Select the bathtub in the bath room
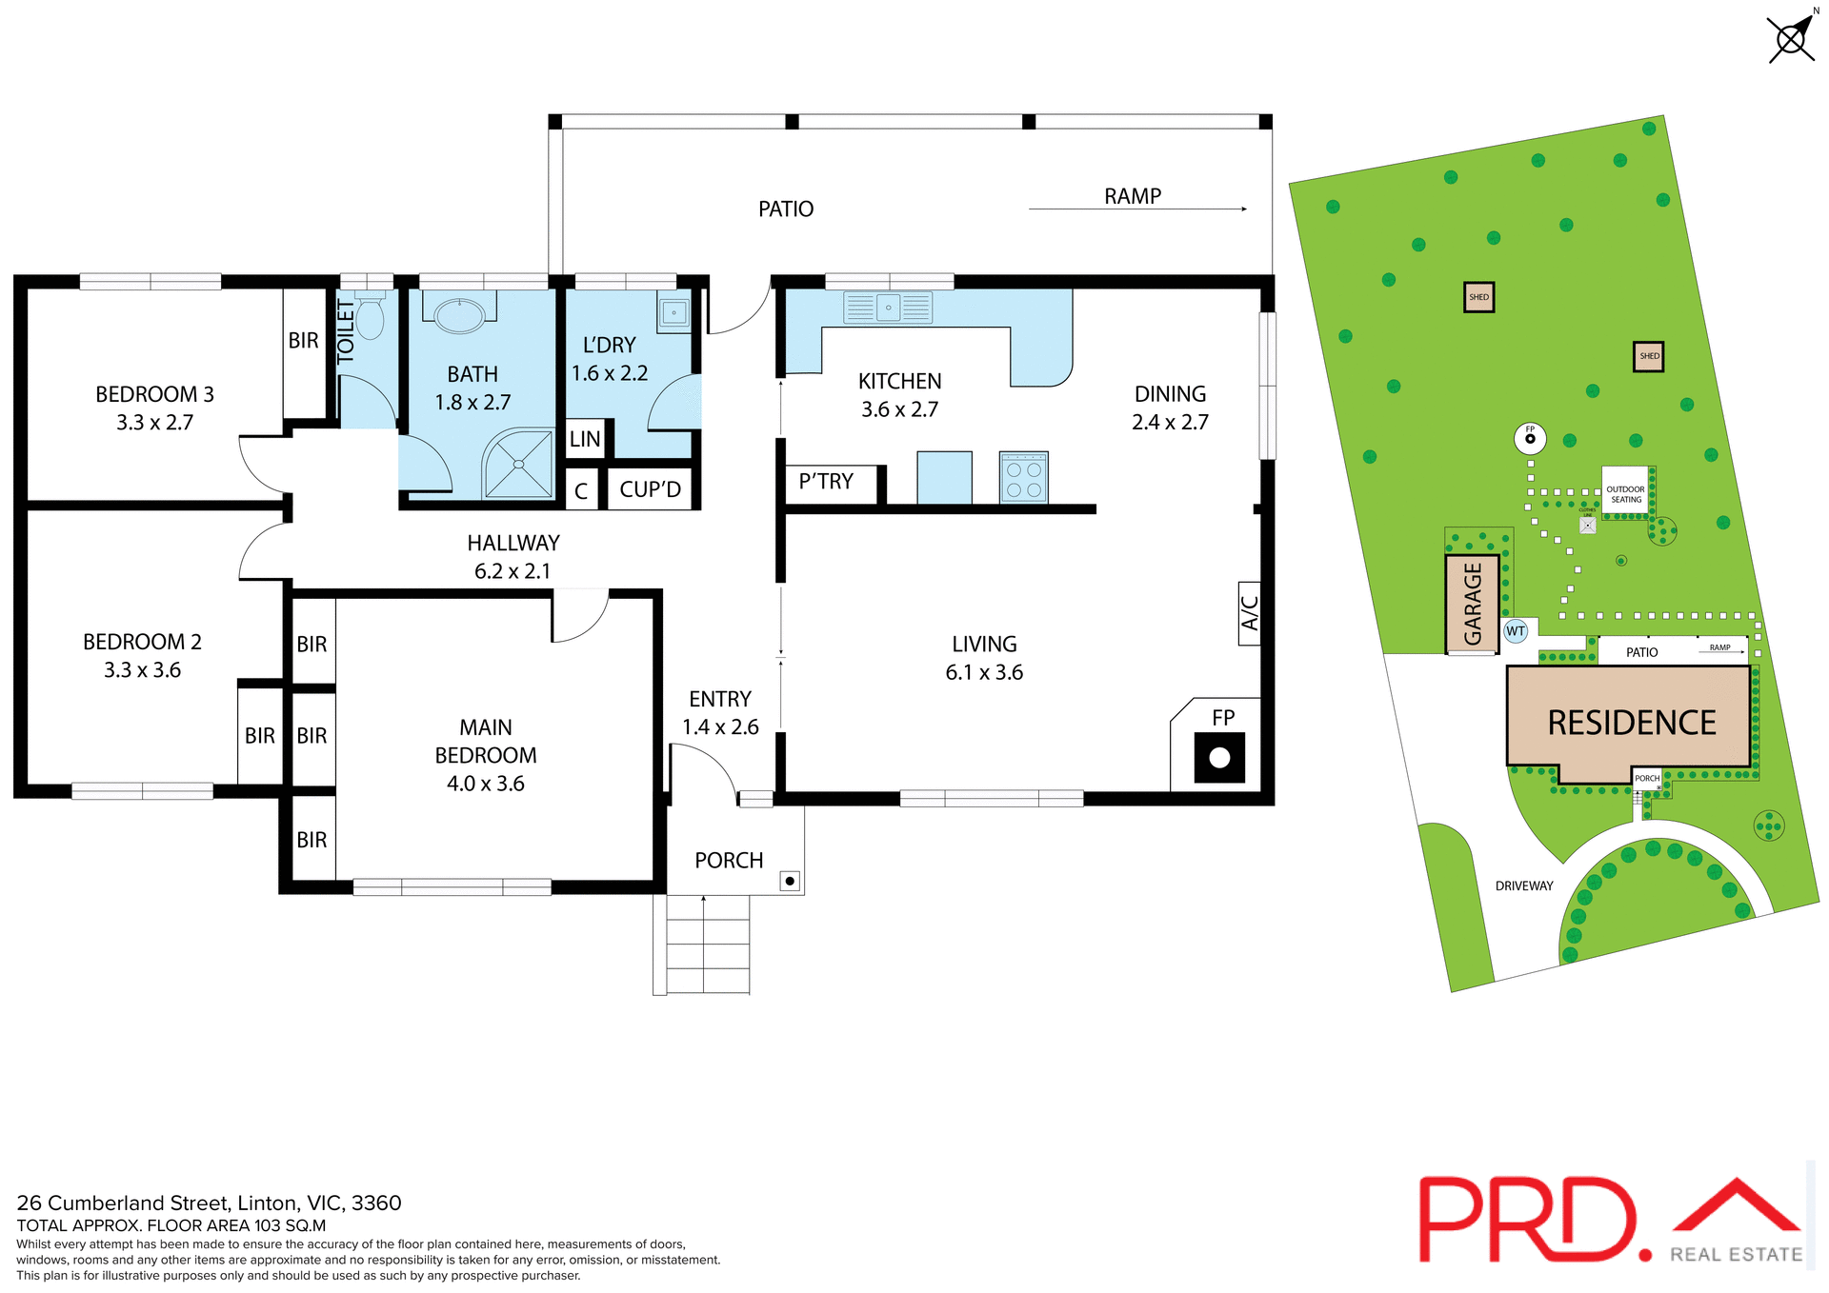pos(459,315)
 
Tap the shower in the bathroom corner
pos(518,464)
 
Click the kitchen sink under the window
pos(888,308)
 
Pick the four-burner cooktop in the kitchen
pos(1024,478)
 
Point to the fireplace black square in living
pos(1219,758)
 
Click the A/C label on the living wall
pos(1250,613)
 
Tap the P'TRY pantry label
pos(826,482)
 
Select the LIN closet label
pos(585,439)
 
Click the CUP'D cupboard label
pos(650,489)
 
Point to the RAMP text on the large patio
pos(1133,196)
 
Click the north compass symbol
pos(1792,39)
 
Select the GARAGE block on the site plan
pos(1473,604)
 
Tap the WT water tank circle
pos(1516,631)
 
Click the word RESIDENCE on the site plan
pos(1631,723)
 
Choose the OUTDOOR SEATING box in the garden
pos(1625,493)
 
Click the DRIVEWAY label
pos(1524,885)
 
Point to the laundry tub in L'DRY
pos(674,311)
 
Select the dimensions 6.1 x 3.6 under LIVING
pos(984,672)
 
